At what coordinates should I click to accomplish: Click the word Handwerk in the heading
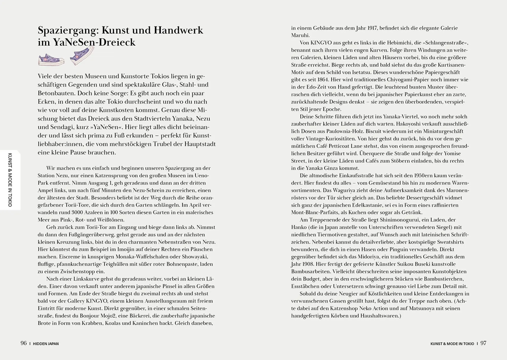[178, 30]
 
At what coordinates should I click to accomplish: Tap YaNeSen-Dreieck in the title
[94, 42]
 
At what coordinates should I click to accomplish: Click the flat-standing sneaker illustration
[51, 60]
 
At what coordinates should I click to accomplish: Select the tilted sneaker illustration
[82, 56]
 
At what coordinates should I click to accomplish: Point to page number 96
[24, 343]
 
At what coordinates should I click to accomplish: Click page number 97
[483, 343]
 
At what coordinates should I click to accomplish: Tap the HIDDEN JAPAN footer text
[46, 344]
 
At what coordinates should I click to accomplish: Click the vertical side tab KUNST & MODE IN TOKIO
[10, 180]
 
